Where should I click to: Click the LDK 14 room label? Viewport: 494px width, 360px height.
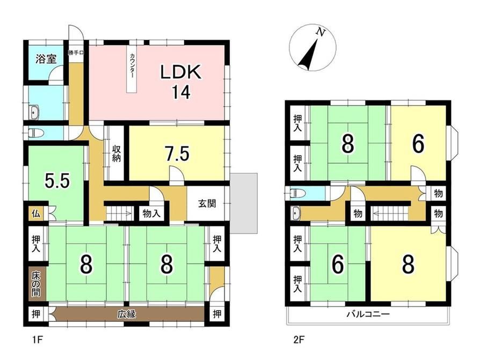coord(181,82)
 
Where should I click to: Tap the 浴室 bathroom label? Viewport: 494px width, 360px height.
coord(46,58)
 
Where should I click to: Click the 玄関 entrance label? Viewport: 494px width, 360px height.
coord(207,203)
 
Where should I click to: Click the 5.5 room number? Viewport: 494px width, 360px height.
coord(57,181)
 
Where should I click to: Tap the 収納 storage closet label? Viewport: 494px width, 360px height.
coord(117,153)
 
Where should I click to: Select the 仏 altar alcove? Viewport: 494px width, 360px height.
coord(35,214)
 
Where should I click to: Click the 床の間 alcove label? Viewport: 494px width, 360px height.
coord(35,284)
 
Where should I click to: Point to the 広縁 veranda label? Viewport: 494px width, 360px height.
coord(127,314)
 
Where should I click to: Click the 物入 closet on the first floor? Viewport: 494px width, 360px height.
coord(151,214)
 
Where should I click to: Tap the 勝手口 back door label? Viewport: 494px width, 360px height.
coord(76,53)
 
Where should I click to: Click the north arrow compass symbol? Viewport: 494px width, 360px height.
coord(313,47)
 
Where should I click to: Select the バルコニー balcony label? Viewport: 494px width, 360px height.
coord(368,314)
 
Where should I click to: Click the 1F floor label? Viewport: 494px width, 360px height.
coord(37,340)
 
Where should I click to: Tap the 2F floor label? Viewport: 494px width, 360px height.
coord(299,340)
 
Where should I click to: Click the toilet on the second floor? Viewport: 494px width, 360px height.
coord(295,193)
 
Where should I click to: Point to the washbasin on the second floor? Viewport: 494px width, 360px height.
coord(296,214)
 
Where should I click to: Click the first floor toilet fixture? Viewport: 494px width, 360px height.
coord(33,133)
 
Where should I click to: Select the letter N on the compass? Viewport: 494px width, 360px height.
coord(321,32)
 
